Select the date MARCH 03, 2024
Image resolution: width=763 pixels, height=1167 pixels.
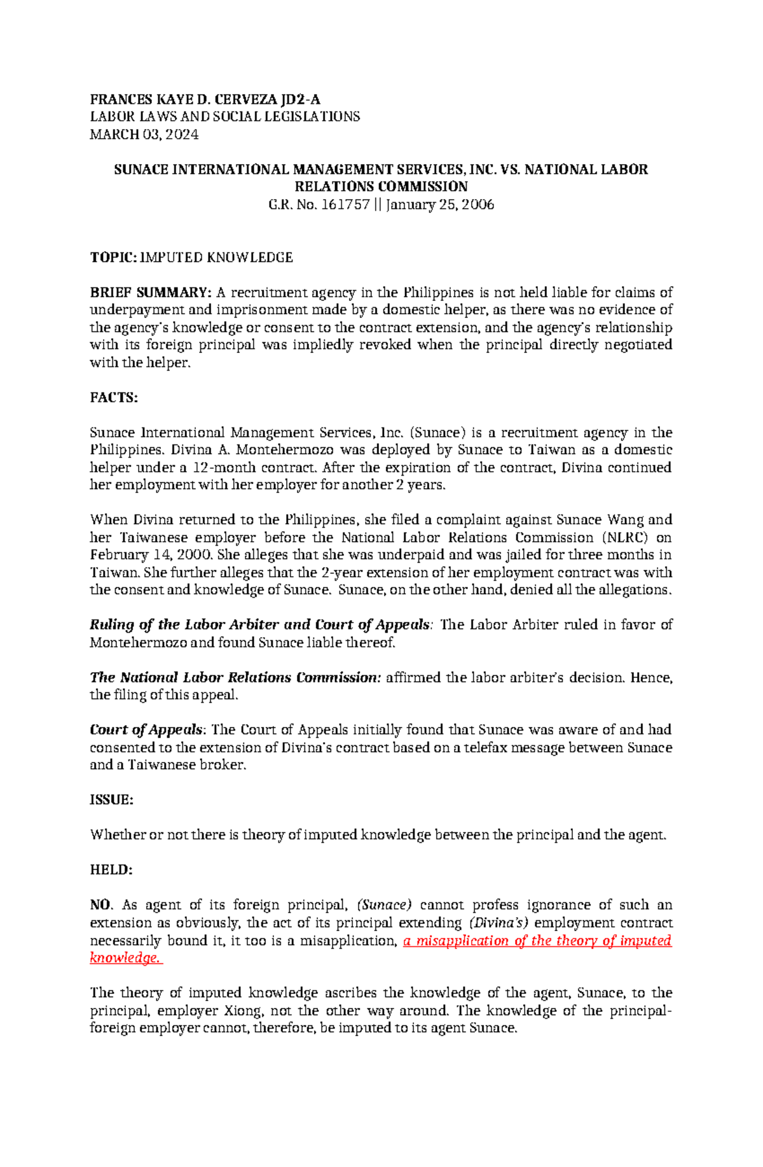[144, 134]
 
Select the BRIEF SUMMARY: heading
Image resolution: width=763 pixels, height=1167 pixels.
[150, 293]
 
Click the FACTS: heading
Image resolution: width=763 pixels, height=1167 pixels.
[113, 397]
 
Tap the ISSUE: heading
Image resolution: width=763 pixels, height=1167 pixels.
[111, 800]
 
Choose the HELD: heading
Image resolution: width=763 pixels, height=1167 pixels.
[111, 870]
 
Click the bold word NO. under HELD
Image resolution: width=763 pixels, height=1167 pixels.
[100, 905]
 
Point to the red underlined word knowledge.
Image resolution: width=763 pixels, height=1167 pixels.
[124, 958]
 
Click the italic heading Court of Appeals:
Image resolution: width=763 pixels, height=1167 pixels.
[147, 730]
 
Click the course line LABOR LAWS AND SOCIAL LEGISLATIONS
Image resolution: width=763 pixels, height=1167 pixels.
[224, 116]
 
